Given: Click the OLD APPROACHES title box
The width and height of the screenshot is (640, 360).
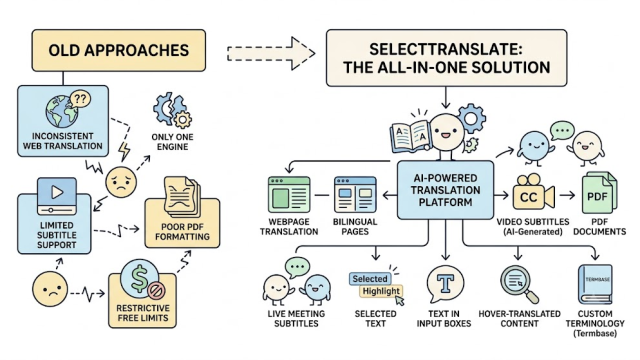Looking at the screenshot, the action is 119,50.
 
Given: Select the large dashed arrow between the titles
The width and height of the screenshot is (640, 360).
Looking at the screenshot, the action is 271,53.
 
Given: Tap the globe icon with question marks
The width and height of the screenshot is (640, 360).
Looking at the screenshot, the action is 67,109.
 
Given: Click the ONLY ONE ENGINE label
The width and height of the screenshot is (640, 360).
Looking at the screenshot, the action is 172,142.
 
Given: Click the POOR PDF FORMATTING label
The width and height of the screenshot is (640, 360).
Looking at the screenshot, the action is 182,231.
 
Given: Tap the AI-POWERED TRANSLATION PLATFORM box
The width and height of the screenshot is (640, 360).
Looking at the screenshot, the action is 445,190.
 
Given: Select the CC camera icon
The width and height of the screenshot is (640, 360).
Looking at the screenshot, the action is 533,194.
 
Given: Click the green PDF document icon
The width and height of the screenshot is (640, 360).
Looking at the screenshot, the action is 599,193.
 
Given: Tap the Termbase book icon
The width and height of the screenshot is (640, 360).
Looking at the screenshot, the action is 595,284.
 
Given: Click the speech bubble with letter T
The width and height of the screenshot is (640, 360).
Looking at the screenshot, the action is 445,283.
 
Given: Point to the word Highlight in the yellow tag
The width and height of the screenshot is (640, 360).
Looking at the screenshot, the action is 381,291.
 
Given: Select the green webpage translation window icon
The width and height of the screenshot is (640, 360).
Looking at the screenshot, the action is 289,194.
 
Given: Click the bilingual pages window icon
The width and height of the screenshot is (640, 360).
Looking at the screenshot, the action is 355,194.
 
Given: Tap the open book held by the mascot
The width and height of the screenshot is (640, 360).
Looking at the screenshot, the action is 410,136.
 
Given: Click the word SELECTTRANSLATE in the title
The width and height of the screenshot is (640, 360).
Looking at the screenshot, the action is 445,49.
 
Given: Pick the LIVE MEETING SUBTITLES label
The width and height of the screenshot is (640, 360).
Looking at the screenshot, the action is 296,318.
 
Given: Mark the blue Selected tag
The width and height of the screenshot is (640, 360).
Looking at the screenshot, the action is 370,279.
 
